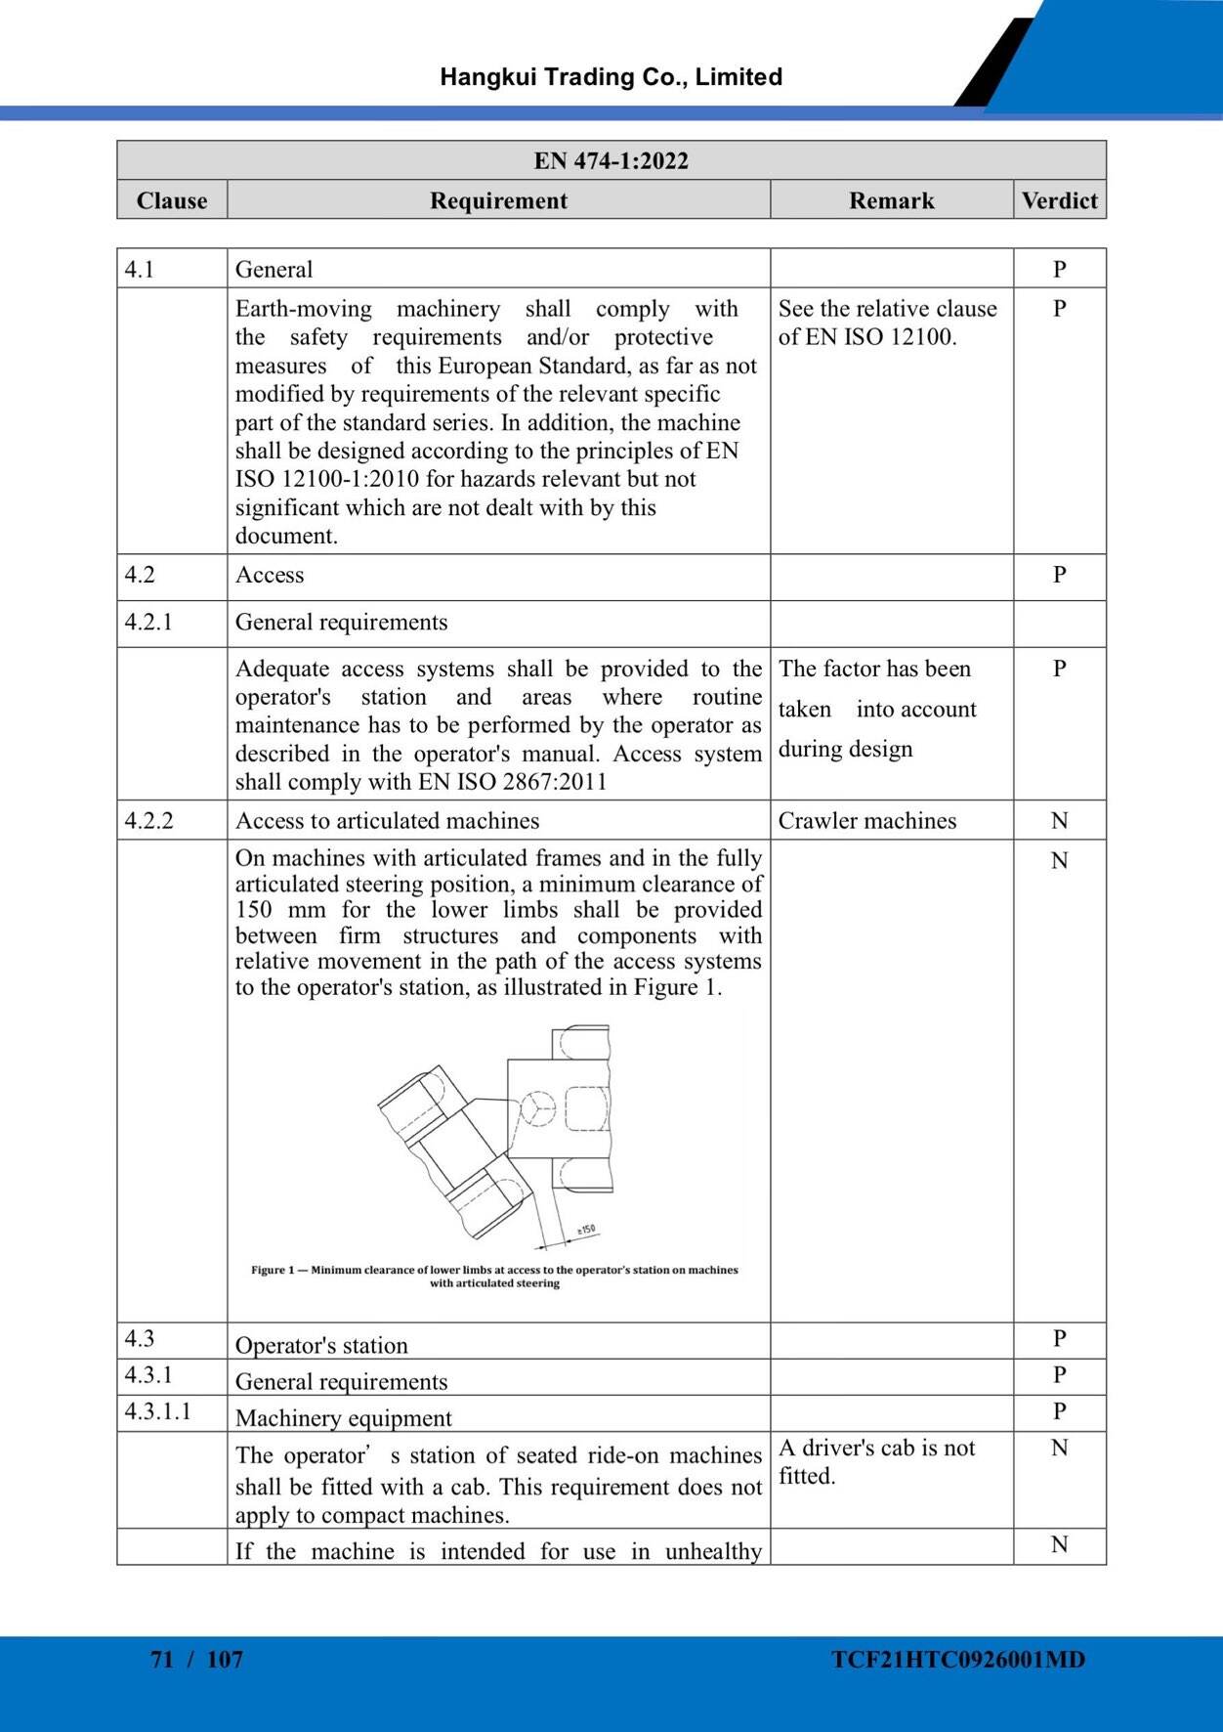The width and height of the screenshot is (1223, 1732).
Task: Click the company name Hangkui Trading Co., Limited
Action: coord(611,77)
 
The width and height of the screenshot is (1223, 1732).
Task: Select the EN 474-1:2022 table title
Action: coord(611,160)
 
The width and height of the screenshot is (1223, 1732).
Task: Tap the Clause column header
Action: coord(172,200)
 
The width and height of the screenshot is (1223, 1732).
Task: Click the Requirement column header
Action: coord(498,200)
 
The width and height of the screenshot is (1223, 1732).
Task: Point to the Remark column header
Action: coord(891,200)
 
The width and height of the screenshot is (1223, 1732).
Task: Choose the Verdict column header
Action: coord(1059,200)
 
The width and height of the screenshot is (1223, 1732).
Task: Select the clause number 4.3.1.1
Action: coord(157,1410)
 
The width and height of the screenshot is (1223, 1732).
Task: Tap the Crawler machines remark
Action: coord(866,820)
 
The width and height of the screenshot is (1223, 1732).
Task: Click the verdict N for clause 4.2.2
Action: coord(1059,820)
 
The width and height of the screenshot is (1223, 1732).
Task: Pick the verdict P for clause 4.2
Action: coord(1059,575)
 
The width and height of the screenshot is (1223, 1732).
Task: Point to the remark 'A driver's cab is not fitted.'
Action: coord(876,1461)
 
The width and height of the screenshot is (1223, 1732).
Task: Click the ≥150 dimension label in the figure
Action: coord(585,1231)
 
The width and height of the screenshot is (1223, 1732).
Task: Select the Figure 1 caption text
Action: coord(494,1277)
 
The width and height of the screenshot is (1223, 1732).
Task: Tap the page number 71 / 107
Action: coord(196,1659)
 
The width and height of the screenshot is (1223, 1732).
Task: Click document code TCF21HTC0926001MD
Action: coord(957,1659)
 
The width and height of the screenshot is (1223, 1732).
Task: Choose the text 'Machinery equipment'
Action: coord(343,1417)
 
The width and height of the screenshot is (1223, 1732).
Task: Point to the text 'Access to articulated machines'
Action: coord(387,820)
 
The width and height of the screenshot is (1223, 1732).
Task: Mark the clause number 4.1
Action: coord(140,269)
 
